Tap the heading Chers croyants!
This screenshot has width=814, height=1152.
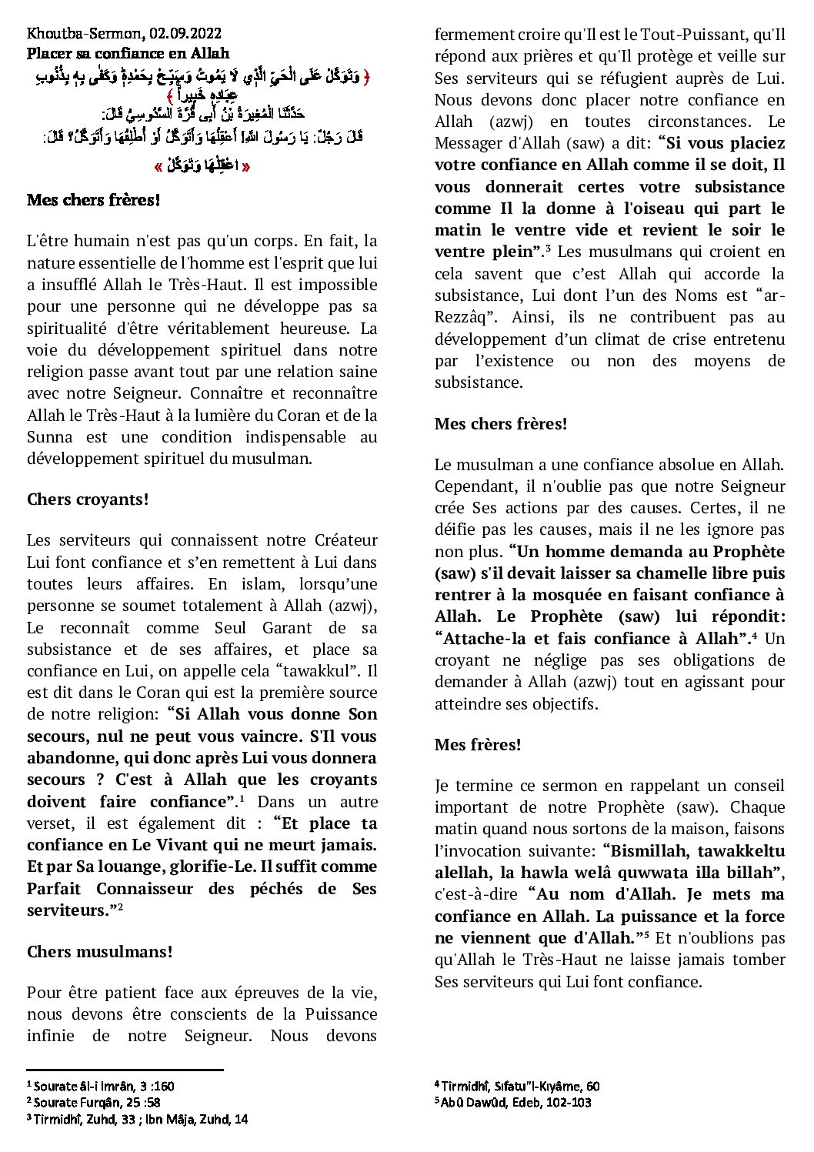[88, 499]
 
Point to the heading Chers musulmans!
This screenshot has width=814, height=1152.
[99, 952]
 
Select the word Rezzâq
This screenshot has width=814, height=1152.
[462, 317]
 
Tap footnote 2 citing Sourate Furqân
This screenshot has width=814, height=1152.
[98, 1103]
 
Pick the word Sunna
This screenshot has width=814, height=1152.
[50, 437]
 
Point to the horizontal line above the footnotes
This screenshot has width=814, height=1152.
[125, 1070]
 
